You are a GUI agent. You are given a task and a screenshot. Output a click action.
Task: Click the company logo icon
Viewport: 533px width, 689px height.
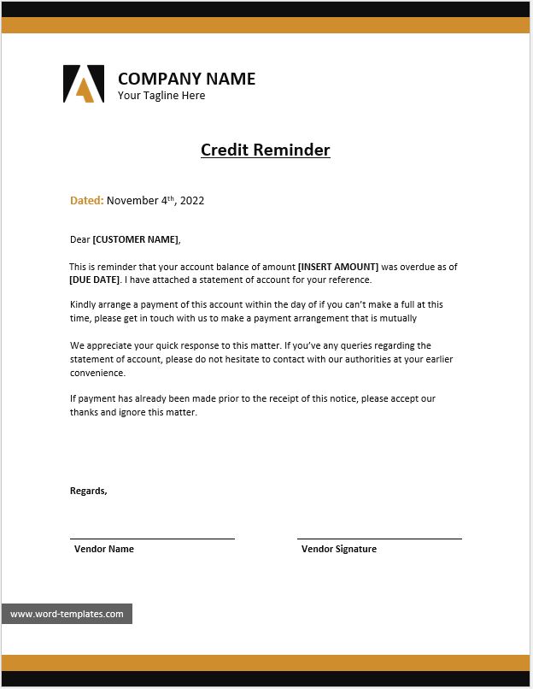click(83, 84)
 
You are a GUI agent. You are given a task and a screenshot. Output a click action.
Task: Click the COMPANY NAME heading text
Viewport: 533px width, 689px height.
click(186, 79)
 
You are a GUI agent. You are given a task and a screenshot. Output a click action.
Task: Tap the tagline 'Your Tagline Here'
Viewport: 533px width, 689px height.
click(161, 96)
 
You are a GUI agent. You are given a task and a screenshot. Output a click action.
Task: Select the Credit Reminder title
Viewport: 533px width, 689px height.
click(265, 150)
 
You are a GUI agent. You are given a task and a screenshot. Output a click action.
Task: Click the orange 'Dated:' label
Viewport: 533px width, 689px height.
click(86, 201)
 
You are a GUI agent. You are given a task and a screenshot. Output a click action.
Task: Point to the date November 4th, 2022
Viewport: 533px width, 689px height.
click(155, 201)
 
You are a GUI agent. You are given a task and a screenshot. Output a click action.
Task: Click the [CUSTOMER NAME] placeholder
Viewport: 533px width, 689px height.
click(136, 239)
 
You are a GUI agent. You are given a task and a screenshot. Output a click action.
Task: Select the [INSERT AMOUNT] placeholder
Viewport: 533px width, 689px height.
click(337, 267)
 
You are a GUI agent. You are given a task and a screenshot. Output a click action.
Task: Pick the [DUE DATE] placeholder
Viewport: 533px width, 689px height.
click(94, 280)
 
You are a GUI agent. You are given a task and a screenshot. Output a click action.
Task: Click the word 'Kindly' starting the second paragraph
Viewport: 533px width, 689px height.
click(84, 304)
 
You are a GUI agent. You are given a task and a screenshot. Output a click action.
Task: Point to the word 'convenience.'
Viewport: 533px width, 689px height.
click(97, 373)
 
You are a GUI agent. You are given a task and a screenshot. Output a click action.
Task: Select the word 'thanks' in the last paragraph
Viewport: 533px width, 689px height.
click(84, 412)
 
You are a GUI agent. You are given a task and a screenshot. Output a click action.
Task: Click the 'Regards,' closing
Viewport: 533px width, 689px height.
click(88, 491)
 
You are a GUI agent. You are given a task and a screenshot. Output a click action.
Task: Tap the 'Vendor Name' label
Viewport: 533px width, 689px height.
click(103, 549)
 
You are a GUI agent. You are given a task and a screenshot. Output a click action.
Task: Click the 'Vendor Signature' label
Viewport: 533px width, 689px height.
click(338, 549)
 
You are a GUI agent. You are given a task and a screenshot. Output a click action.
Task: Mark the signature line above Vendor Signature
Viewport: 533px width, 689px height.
click(379, 539)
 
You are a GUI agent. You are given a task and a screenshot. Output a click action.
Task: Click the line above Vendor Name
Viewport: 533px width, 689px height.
click(152, 539)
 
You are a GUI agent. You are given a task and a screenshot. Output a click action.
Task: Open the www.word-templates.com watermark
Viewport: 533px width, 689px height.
click(67, 614)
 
